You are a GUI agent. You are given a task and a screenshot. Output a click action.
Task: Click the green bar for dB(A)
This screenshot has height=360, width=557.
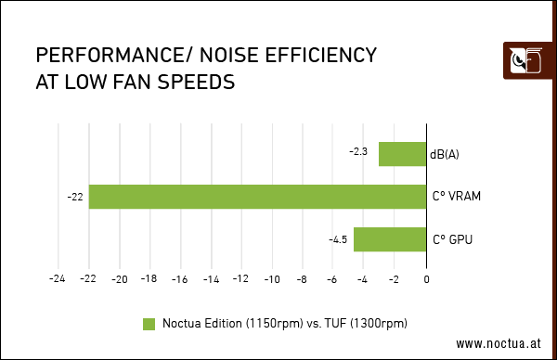coord(403,154)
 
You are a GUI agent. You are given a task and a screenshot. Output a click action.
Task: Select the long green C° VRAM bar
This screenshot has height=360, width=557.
coord(257,197)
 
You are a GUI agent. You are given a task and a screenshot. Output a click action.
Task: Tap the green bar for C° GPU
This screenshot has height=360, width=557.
coord(390,239)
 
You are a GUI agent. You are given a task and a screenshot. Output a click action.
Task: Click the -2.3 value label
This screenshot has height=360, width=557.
coord(358,151)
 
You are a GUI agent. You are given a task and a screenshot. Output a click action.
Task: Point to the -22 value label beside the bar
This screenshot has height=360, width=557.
coord(75,197)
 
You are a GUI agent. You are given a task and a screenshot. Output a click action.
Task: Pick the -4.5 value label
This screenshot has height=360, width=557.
coord(338,239)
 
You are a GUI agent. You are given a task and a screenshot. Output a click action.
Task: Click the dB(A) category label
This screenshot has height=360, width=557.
coord(445,154)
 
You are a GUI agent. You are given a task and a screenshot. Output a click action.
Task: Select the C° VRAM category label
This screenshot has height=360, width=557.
coord(457,197)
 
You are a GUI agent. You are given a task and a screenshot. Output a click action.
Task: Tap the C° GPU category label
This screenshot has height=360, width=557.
coord(453,239)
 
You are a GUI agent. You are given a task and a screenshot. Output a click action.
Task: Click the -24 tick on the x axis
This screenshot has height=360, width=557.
coord(58,278)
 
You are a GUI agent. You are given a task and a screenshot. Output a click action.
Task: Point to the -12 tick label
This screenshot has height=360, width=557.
coord(240,278)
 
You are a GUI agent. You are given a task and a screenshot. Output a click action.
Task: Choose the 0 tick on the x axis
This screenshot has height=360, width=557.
coord(427,279)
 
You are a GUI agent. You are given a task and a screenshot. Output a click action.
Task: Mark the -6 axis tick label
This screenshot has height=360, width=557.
coord(331,279)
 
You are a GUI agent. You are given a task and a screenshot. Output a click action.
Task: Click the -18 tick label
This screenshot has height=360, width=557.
coord(149,278)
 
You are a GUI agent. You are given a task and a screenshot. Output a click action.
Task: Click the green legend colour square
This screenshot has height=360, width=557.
coord(149,324)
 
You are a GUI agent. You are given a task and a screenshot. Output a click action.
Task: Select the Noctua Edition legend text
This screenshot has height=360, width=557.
coord(285,324)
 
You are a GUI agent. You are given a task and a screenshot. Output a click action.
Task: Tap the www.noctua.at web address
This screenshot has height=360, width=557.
coord(499,343)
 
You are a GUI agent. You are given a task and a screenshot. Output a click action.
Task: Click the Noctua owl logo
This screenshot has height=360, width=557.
coord(526,60)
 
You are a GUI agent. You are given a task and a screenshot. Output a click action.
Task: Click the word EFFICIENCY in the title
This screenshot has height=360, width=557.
coord(321,55)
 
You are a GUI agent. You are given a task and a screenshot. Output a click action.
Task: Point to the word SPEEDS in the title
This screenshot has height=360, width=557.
coord(196,82)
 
